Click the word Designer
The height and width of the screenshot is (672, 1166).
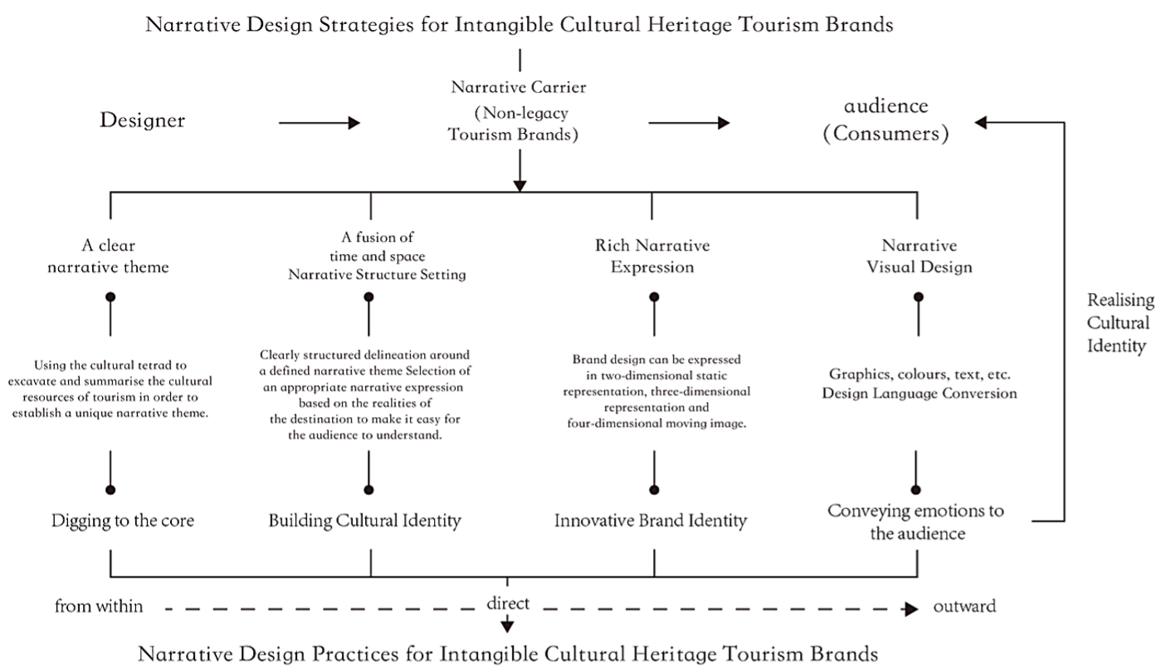coord(142,120)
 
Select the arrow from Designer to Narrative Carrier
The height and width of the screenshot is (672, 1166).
coord(319,123)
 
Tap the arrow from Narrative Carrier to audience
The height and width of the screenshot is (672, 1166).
coord(689,123)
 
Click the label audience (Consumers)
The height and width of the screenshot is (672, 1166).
coord(886,120)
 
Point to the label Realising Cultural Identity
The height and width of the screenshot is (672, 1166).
coord(1120,323)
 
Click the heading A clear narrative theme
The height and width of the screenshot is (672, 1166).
coord(108,256)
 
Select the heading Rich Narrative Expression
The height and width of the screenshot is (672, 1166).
coord(652,256)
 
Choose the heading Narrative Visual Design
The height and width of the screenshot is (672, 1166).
coord(920,256)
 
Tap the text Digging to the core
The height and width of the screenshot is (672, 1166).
coord(122,521)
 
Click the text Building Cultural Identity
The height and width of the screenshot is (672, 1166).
coord(364,521)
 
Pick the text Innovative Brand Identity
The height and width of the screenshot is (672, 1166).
coord(650,521)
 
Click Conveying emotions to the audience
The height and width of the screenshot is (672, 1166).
coord(916,522)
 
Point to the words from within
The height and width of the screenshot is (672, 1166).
coord(99,606)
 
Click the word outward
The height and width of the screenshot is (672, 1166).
coord(964,606)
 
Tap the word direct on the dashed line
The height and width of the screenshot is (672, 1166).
coord(508,603)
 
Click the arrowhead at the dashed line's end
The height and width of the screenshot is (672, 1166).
coord(911,609)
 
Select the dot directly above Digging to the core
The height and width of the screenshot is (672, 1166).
coord(110,490)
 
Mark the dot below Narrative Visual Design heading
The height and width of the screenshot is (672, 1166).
coord(919,297)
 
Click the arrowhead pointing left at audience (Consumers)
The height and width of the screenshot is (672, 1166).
coord(980,122)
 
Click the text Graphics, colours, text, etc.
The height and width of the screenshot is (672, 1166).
coord(920,374)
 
